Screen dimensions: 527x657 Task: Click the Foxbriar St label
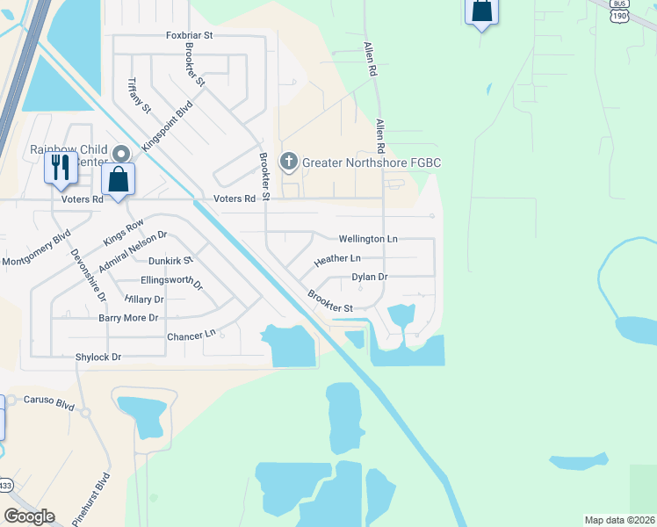[x=190, y=35]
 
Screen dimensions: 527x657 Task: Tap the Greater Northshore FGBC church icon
[x=288, y=162]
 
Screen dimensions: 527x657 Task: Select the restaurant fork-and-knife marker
[x=60, y=167]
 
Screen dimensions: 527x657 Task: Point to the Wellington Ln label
[x=368, y=239]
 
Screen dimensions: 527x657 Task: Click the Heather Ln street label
[x=337, y=259]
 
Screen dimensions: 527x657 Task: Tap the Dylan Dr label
[x=370, y=277]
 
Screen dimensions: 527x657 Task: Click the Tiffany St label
[x=140, y=96]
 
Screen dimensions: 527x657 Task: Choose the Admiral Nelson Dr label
[x=132, y=251]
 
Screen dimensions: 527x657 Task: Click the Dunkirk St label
[x=170, y=261]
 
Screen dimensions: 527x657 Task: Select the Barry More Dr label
[x=128, y=318]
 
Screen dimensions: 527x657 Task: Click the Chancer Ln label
[x=191, y=336]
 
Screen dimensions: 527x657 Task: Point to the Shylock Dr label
[x=98, y=357]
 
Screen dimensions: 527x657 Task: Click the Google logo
[x=29, y=516]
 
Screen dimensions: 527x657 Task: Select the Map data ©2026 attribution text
[x=620, y=520]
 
